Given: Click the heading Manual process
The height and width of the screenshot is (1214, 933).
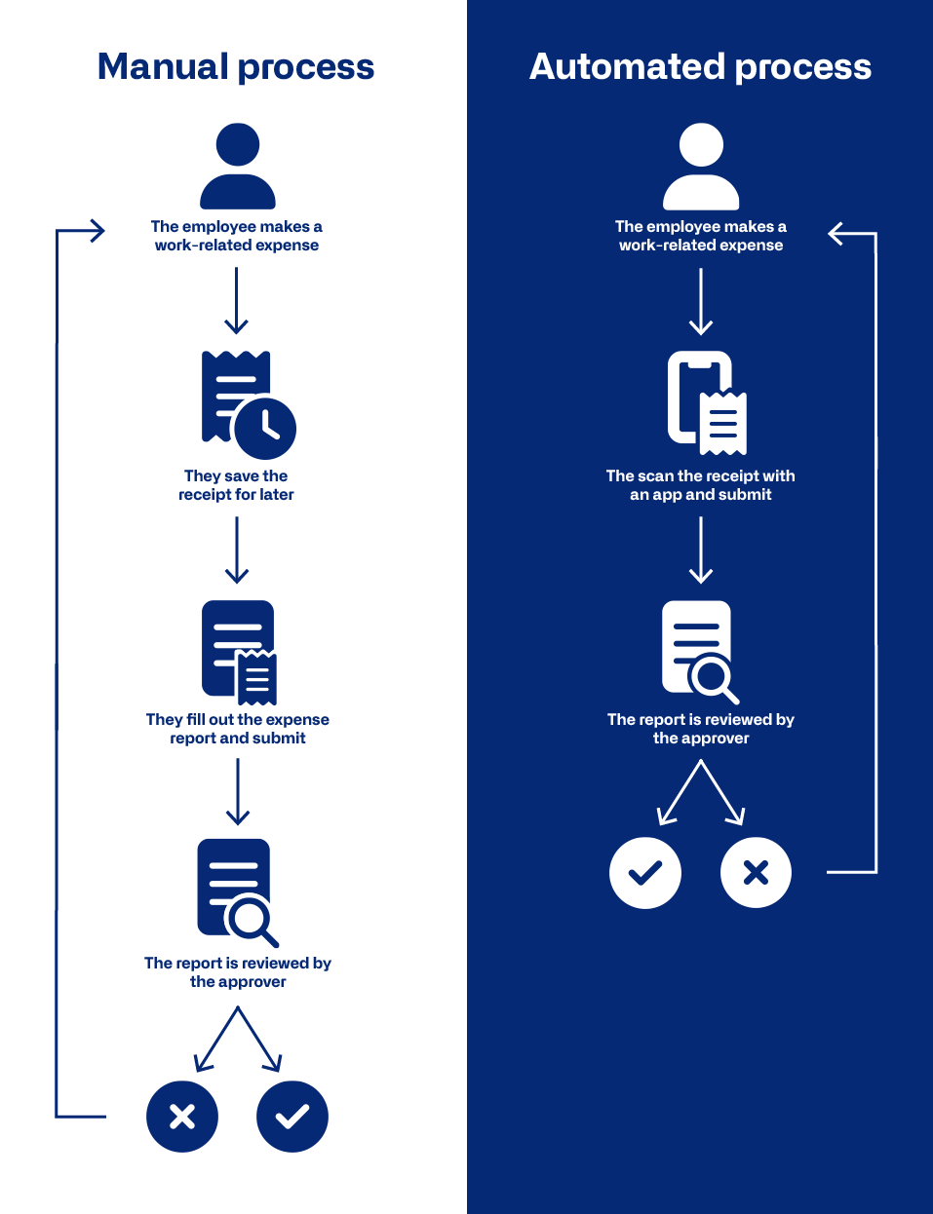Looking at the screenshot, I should coord(236,67).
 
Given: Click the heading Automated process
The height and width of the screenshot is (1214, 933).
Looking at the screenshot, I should coord(700,67).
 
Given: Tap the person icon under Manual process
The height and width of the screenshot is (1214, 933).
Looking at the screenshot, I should coord(237,166).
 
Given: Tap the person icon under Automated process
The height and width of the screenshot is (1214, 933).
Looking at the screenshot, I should coord(701,166).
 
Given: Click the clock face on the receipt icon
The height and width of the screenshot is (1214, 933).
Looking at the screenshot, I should coord(265,428).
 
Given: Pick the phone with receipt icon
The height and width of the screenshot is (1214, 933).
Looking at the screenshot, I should coord(707,402).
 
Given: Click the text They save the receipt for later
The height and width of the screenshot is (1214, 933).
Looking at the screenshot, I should coord(237,485).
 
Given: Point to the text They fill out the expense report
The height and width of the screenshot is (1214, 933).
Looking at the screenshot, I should coord(238,729).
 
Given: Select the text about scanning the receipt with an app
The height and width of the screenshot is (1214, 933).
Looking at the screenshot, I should coord(701,485).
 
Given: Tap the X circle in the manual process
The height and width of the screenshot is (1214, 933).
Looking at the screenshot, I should coord(182,1116).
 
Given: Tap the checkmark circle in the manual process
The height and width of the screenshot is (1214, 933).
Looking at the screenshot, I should coord(292,1116).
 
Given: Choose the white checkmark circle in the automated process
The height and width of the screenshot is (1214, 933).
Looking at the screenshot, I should coord(645,872).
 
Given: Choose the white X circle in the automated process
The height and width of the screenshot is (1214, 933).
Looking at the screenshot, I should coord(756,872).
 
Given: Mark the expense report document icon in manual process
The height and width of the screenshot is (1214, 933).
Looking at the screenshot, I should coord(238,651).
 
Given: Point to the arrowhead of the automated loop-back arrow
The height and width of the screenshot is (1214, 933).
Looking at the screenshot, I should coord(834,234).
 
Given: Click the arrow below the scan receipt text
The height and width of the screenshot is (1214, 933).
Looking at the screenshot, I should coord(701,550).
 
